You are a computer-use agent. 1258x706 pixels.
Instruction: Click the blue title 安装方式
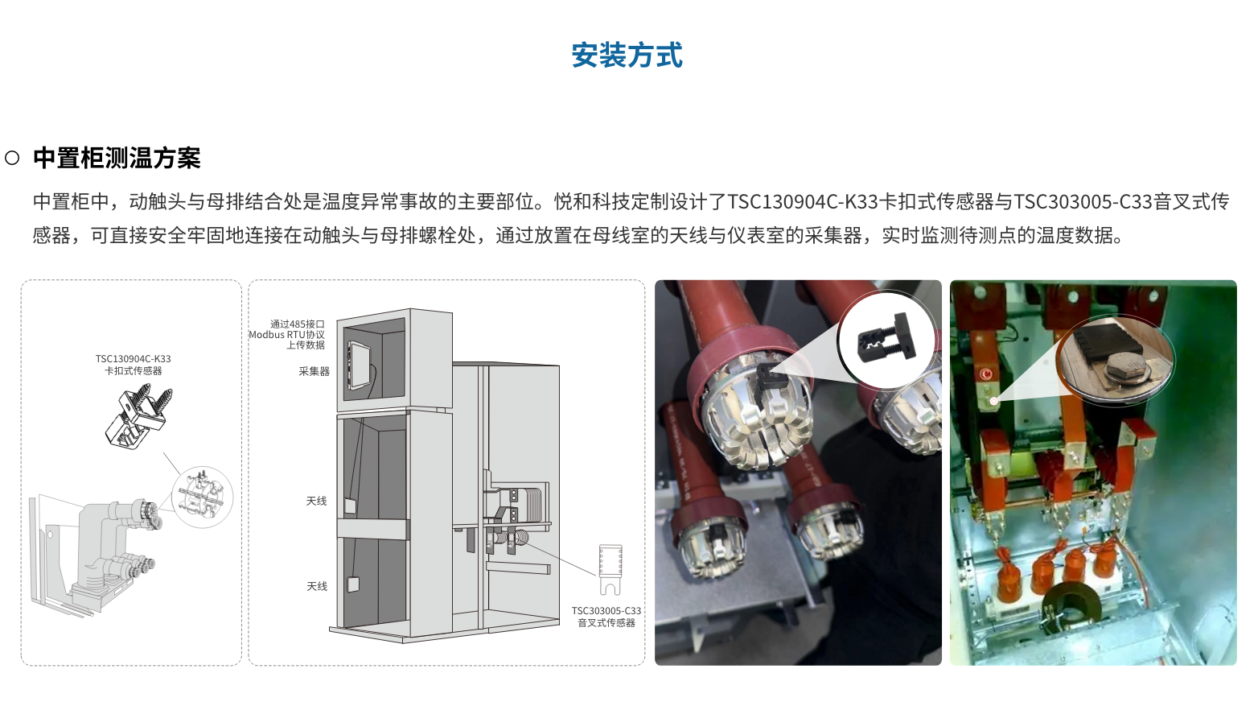point(627,56)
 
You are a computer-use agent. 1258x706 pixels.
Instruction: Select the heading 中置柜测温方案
point(117,158)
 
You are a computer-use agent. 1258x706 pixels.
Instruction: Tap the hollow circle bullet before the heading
point(12,158)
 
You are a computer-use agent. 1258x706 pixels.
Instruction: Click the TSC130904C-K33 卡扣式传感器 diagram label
point(133,365)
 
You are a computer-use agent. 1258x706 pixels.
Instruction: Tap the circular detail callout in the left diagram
point(202,498)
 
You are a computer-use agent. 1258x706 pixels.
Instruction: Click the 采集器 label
point(314,371)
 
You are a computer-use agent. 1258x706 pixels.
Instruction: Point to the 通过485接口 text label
point(297,324)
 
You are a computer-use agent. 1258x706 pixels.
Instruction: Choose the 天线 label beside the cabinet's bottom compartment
point(316,586)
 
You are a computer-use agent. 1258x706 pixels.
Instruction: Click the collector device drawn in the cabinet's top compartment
point(358,365)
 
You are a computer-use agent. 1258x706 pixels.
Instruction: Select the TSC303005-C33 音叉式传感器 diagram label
point(606,617)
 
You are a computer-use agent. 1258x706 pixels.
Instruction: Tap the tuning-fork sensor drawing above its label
point(610,567)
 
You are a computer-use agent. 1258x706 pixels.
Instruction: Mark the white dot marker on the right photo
point(994,401)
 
